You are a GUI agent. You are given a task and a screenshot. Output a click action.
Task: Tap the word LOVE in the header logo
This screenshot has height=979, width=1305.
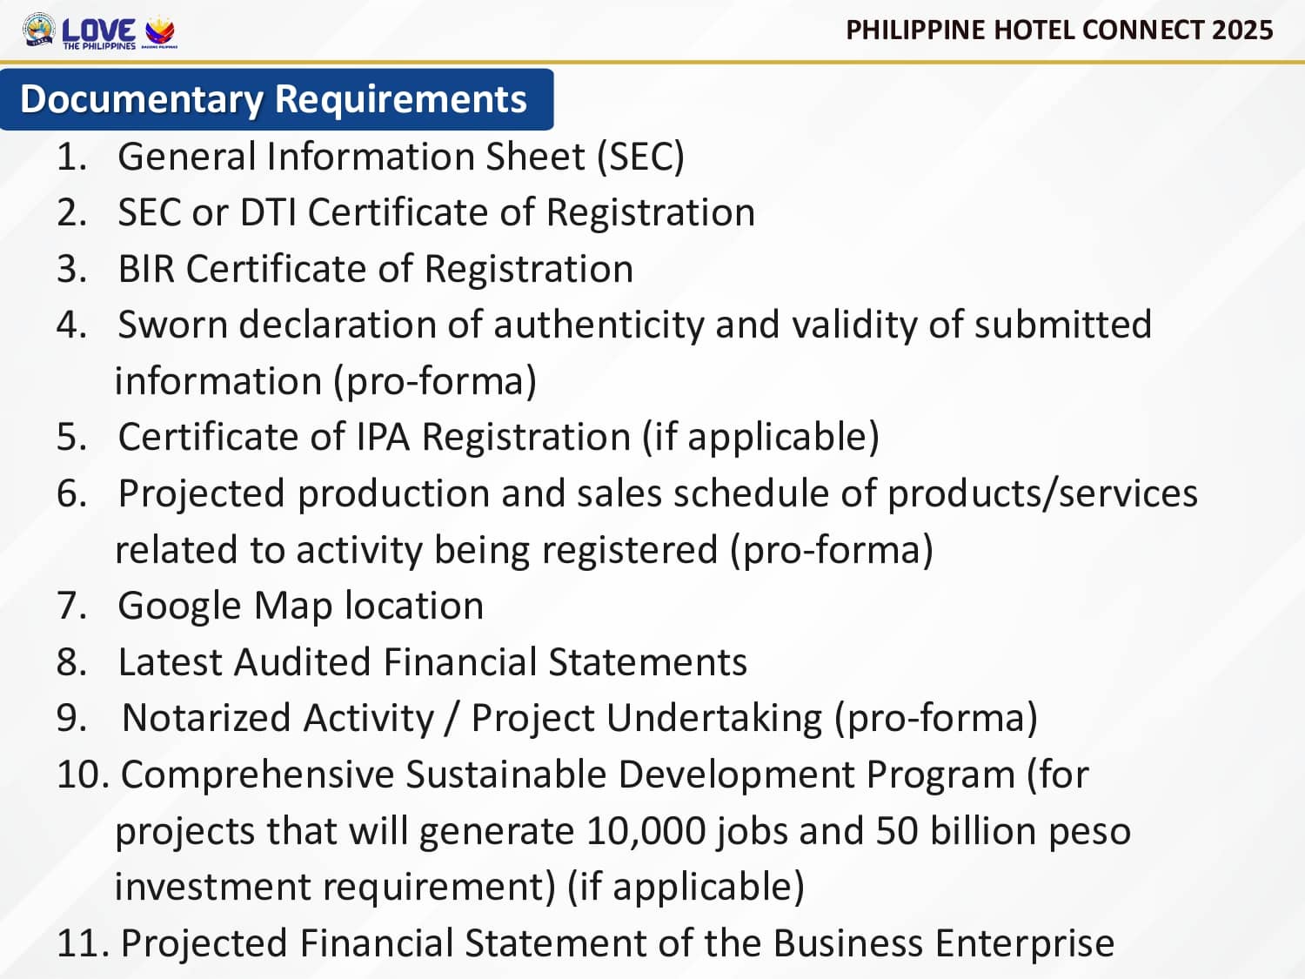(x=98, y=30)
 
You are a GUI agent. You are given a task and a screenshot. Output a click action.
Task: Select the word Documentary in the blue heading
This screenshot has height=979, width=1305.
(x=141, y=98)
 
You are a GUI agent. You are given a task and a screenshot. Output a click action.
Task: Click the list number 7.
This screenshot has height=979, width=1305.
(x=72, y=606)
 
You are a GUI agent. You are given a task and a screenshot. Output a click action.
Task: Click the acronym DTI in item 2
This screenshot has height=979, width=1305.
(x=268, y=212)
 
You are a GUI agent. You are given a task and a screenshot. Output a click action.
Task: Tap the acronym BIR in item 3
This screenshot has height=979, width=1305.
(x=146, y=269)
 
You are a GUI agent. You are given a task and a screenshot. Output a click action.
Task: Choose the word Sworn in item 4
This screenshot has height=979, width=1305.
(x=173, y=325)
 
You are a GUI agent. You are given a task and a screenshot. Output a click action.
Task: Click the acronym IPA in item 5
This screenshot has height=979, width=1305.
(x=383, y=437)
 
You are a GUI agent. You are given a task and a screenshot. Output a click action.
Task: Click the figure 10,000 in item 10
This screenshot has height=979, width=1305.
(x=646, y=831)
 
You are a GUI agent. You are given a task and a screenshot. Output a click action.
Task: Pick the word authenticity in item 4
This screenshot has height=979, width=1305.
(x=599, y=325)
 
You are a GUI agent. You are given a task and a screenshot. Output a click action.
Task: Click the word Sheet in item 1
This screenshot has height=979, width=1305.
(x=535, y=157)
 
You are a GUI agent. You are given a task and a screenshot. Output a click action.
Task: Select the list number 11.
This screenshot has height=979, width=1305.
(x=83, y=943)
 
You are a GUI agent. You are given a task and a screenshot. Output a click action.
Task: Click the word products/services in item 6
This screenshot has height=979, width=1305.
(x=1042, y=494)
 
